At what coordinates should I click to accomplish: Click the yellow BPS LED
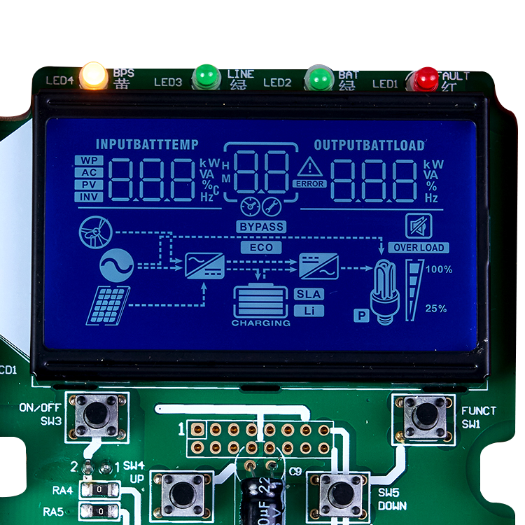[93, 76]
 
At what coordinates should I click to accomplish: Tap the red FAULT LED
[426, 79]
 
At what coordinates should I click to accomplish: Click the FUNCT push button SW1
[423, 415]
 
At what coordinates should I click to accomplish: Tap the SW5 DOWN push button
[342, 493]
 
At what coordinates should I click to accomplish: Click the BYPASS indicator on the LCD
[261, 227]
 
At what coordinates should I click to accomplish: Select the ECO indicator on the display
[261, 247]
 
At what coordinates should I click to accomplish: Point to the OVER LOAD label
[419, 247]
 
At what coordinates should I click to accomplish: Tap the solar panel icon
[108, 304]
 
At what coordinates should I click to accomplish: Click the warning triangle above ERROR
[309, 168]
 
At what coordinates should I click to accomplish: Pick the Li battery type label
[309, 310]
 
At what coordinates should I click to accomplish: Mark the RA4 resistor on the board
[99, 489]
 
